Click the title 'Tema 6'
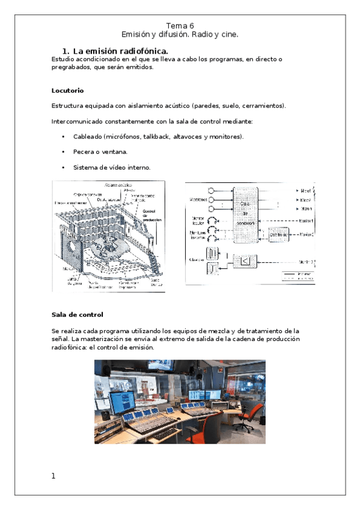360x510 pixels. click(180, 25)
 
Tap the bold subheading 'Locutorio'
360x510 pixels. click(67, 91)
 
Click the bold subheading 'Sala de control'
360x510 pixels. click(78, 315)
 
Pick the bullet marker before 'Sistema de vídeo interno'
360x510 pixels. click(63, 167)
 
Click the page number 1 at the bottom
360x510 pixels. click(53, 476)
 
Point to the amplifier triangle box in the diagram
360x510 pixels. click(244, 262)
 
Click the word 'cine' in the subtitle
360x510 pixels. click(228, 35)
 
